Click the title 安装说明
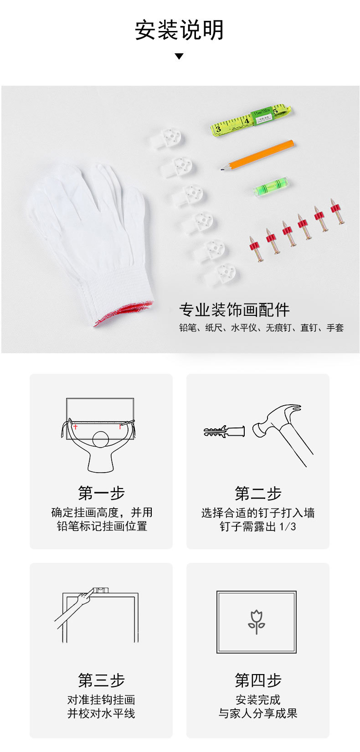(x=180, y=30)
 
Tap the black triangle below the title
(x=180, y=56)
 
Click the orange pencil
(x=257, y=155)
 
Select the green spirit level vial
(x=271, y=186)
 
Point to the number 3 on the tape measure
(x=218, y=129)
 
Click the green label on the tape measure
(x=261, y=116)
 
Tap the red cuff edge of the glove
(x=124, y=312)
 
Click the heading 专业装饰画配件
(x=234, y=309)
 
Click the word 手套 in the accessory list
(x=335, y=328)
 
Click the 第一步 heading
(x=101, y=493)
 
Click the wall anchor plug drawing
(x=224, y=431)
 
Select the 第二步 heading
(x=258, y=493)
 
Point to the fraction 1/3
(x=288, y=526)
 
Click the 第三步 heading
(x=101, y=680)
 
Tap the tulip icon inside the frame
(x=257, y=622)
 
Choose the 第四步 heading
(x=258, y=680)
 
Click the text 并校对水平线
(x=101, y=713)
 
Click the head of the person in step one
(x=100, y=439)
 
